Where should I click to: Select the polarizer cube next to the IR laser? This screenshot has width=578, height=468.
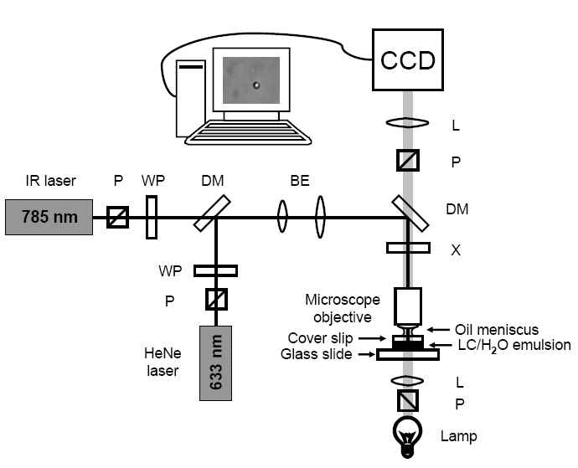(x=117, y=219)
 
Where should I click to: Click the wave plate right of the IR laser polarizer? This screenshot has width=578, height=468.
(x=152, y=218)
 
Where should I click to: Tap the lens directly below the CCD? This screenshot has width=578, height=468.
(x=408, y=124)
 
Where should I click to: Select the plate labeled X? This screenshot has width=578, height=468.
(x=408, y=248)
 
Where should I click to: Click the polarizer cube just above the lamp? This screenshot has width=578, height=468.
(x=408, y=403)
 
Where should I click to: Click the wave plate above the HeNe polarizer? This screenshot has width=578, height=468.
(x=215, y=270)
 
